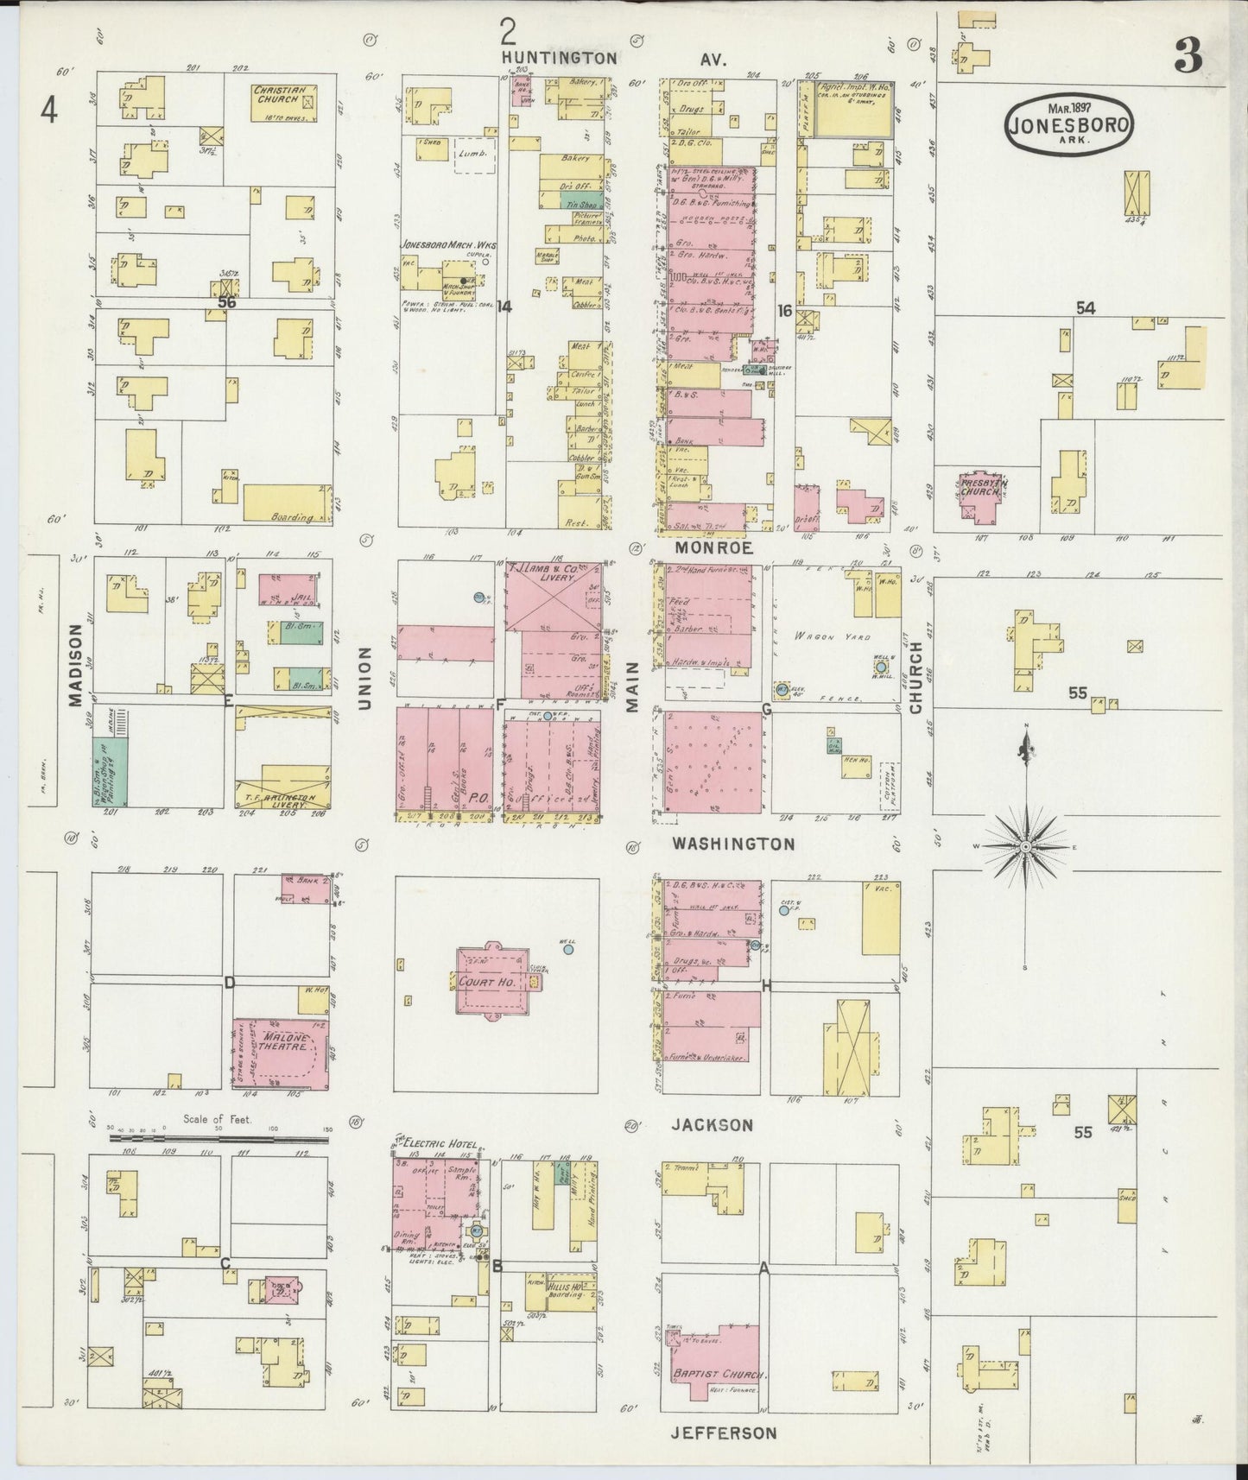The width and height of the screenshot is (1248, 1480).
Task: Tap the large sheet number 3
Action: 1188,58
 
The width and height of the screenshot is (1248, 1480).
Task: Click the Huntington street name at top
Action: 561,58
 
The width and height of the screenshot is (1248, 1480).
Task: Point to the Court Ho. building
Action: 489,983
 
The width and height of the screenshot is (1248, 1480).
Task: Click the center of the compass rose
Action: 1025,847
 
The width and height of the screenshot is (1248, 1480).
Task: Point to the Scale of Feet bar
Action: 219,1140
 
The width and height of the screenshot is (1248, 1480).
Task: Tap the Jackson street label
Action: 712,1124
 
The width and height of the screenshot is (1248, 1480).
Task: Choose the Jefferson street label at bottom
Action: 724,1433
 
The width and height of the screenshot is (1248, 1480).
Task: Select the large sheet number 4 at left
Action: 50,111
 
